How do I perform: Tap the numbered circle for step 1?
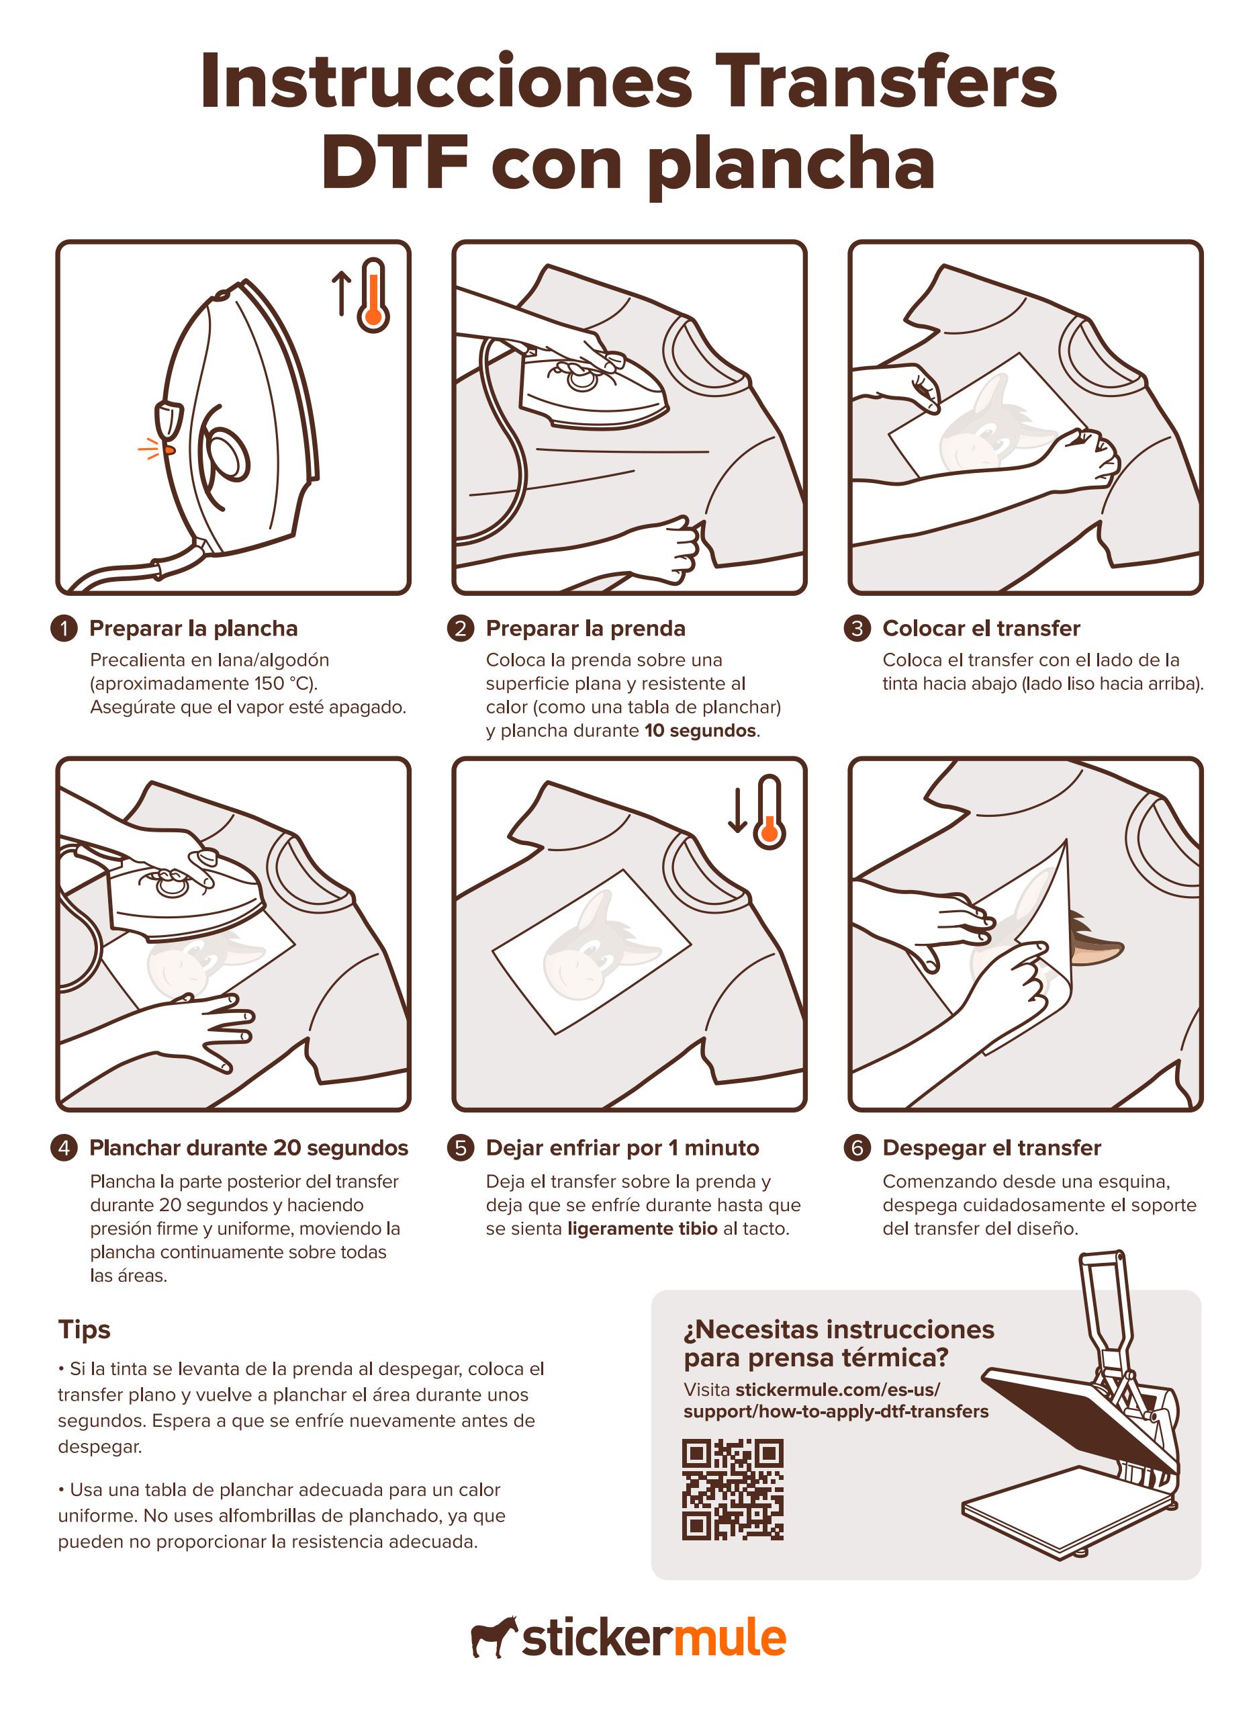tap(64, 628)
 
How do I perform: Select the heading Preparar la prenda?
tap(586, 628)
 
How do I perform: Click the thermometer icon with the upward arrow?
tap(373, 296)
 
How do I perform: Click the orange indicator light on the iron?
tap(169, 451)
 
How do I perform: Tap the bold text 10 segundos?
tap(700, 730)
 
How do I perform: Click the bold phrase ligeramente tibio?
tap(642, 1228)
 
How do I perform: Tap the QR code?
tap(733, 1489)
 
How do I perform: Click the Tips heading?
tap(85, 1329)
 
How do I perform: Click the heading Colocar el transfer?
tap(981, 628)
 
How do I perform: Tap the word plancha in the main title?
tap(791, 164)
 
